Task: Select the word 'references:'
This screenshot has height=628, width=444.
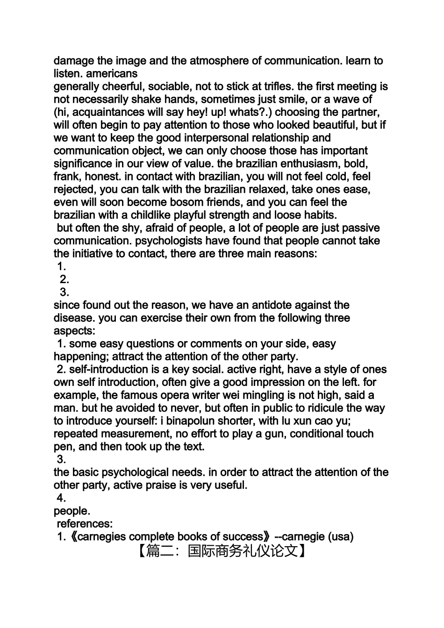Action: click(85, 524)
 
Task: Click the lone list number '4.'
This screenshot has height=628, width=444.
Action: click(62, 498)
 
